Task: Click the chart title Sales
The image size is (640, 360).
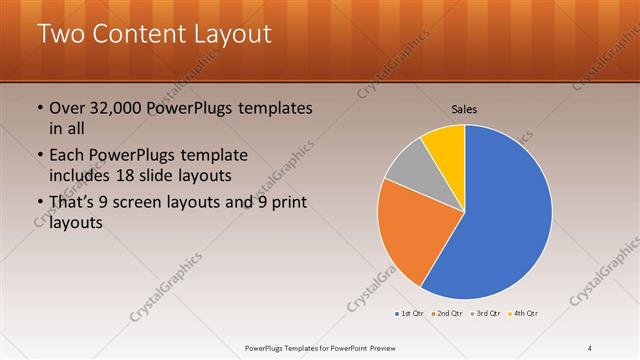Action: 465,108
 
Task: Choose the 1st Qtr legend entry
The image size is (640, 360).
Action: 410,313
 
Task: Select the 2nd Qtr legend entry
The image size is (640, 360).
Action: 446,313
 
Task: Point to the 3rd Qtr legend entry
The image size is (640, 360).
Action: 485,313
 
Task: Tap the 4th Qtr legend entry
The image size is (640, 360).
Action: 524,313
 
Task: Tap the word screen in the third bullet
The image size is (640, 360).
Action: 151,204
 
